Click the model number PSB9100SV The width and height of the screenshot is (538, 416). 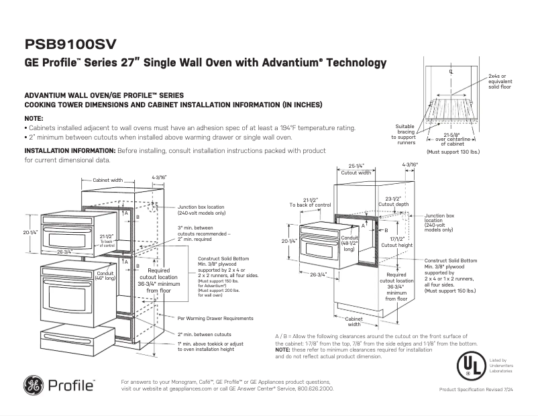pos(70,44)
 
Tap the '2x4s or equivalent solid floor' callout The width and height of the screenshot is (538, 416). pos(502,81)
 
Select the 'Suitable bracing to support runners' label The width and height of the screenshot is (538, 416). pos(405,134)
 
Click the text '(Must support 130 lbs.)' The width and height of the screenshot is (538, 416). pos(453,152)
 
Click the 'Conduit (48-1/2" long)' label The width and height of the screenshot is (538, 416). pos(349,243)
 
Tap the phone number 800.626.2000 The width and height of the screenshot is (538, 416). pos(314,388)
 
